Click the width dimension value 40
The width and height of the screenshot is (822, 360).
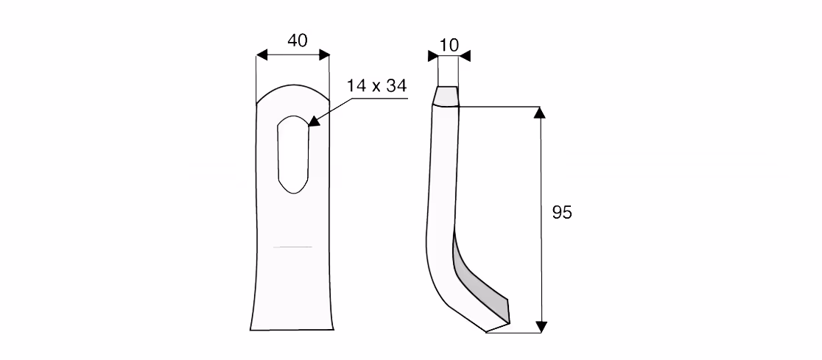(x=298, y=40)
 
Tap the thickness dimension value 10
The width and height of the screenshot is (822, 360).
(x=449, y=45)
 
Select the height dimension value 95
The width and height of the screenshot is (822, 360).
(x=562, y=213)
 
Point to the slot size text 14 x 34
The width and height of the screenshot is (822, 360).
(x=376, y=86)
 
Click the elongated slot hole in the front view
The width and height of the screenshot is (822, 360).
(x=293, y=154)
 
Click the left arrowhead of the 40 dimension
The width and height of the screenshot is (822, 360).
(x=261, y=55)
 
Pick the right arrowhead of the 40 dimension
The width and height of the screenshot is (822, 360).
(x=325, y=55)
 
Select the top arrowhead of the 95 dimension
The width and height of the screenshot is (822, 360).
(x=540, y=113)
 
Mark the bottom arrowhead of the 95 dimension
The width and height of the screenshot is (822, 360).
(x=541, y=327)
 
